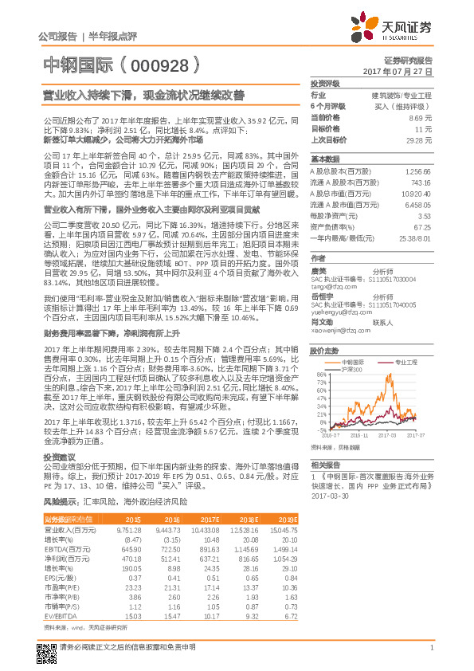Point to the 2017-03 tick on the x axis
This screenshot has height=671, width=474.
tap(388, 436)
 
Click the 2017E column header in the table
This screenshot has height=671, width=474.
tap(206, 519)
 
